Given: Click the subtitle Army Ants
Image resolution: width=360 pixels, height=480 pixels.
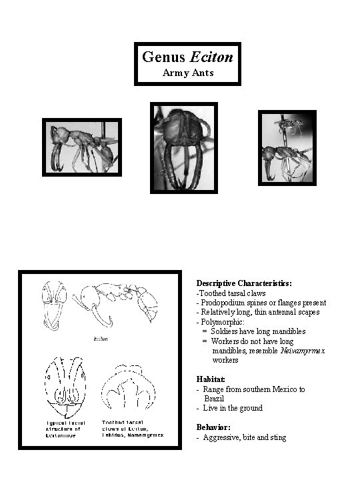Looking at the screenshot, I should (187, 73).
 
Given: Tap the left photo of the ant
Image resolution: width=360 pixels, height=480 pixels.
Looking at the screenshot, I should (82, 147).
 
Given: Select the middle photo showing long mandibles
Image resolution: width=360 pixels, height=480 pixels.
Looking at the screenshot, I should (184, 147).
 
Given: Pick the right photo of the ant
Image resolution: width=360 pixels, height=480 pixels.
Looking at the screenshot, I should (287, 147).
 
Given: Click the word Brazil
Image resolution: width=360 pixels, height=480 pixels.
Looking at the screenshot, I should (214, 398).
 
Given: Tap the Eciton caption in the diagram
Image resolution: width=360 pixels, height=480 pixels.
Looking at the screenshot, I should (101, 339).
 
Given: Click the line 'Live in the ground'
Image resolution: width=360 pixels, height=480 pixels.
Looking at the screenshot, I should (233, 408).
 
